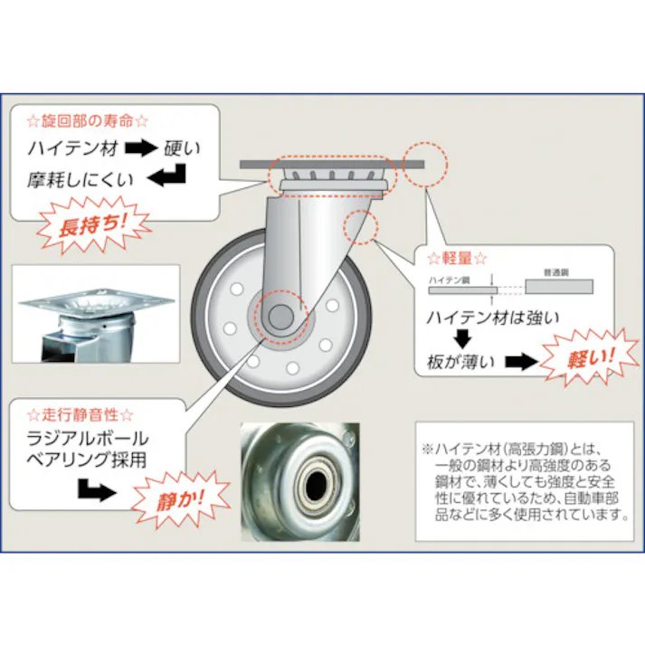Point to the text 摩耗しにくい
(x=81, y=179)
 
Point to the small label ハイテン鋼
(x=449, y=282)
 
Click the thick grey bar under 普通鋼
(x=558, y=287)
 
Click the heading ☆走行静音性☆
(x=81, y=415)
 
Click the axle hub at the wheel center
(x=278, y=318)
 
